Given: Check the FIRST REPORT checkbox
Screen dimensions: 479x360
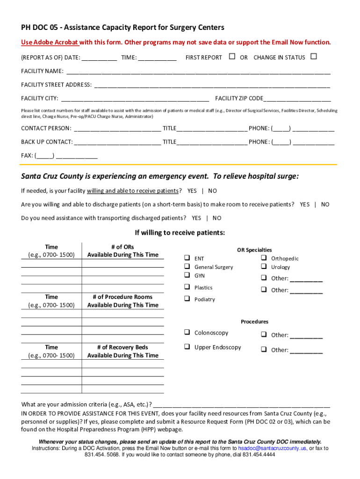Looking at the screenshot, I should pyautogui.click(x=232, y=57).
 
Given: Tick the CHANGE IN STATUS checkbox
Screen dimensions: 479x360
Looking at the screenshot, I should pyautogui.click(x=313, y=57).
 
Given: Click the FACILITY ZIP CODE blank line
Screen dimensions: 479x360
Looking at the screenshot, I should pyautogui.click(x=297, y=99).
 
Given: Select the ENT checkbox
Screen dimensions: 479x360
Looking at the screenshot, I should pyautogui.click(x=187, y=258).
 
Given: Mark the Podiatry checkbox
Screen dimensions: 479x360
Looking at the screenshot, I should pyautogui.click(x=187, y=299).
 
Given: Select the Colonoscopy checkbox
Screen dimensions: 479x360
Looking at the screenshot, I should pyautogui.click(x=187, y=333).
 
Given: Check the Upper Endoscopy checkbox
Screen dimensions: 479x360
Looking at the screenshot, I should pyautogui.click(x=187, y=347).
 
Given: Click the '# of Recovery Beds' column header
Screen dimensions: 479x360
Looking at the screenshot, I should pyautogui.click(x=122, y=347).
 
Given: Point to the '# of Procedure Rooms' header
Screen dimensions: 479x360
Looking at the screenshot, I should pyautogui.click(x=122, y=297).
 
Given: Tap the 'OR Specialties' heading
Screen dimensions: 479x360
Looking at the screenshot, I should pyautogui.click(x=254, y=250).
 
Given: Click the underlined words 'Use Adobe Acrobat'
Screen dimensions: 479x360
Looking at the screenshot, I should pyautogui.click(x=50, y=43).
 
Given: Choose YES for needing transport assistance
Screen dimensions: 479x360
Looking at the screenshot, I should pyautogui.click(x=196, y=218).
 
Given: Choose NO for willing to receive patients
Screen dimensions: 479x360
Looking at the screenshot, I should pyautogui.click(x=213, y=191).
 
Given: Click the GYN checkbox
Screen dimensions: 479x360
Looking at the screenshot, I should pyautogui.click(x=187, y=276).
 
